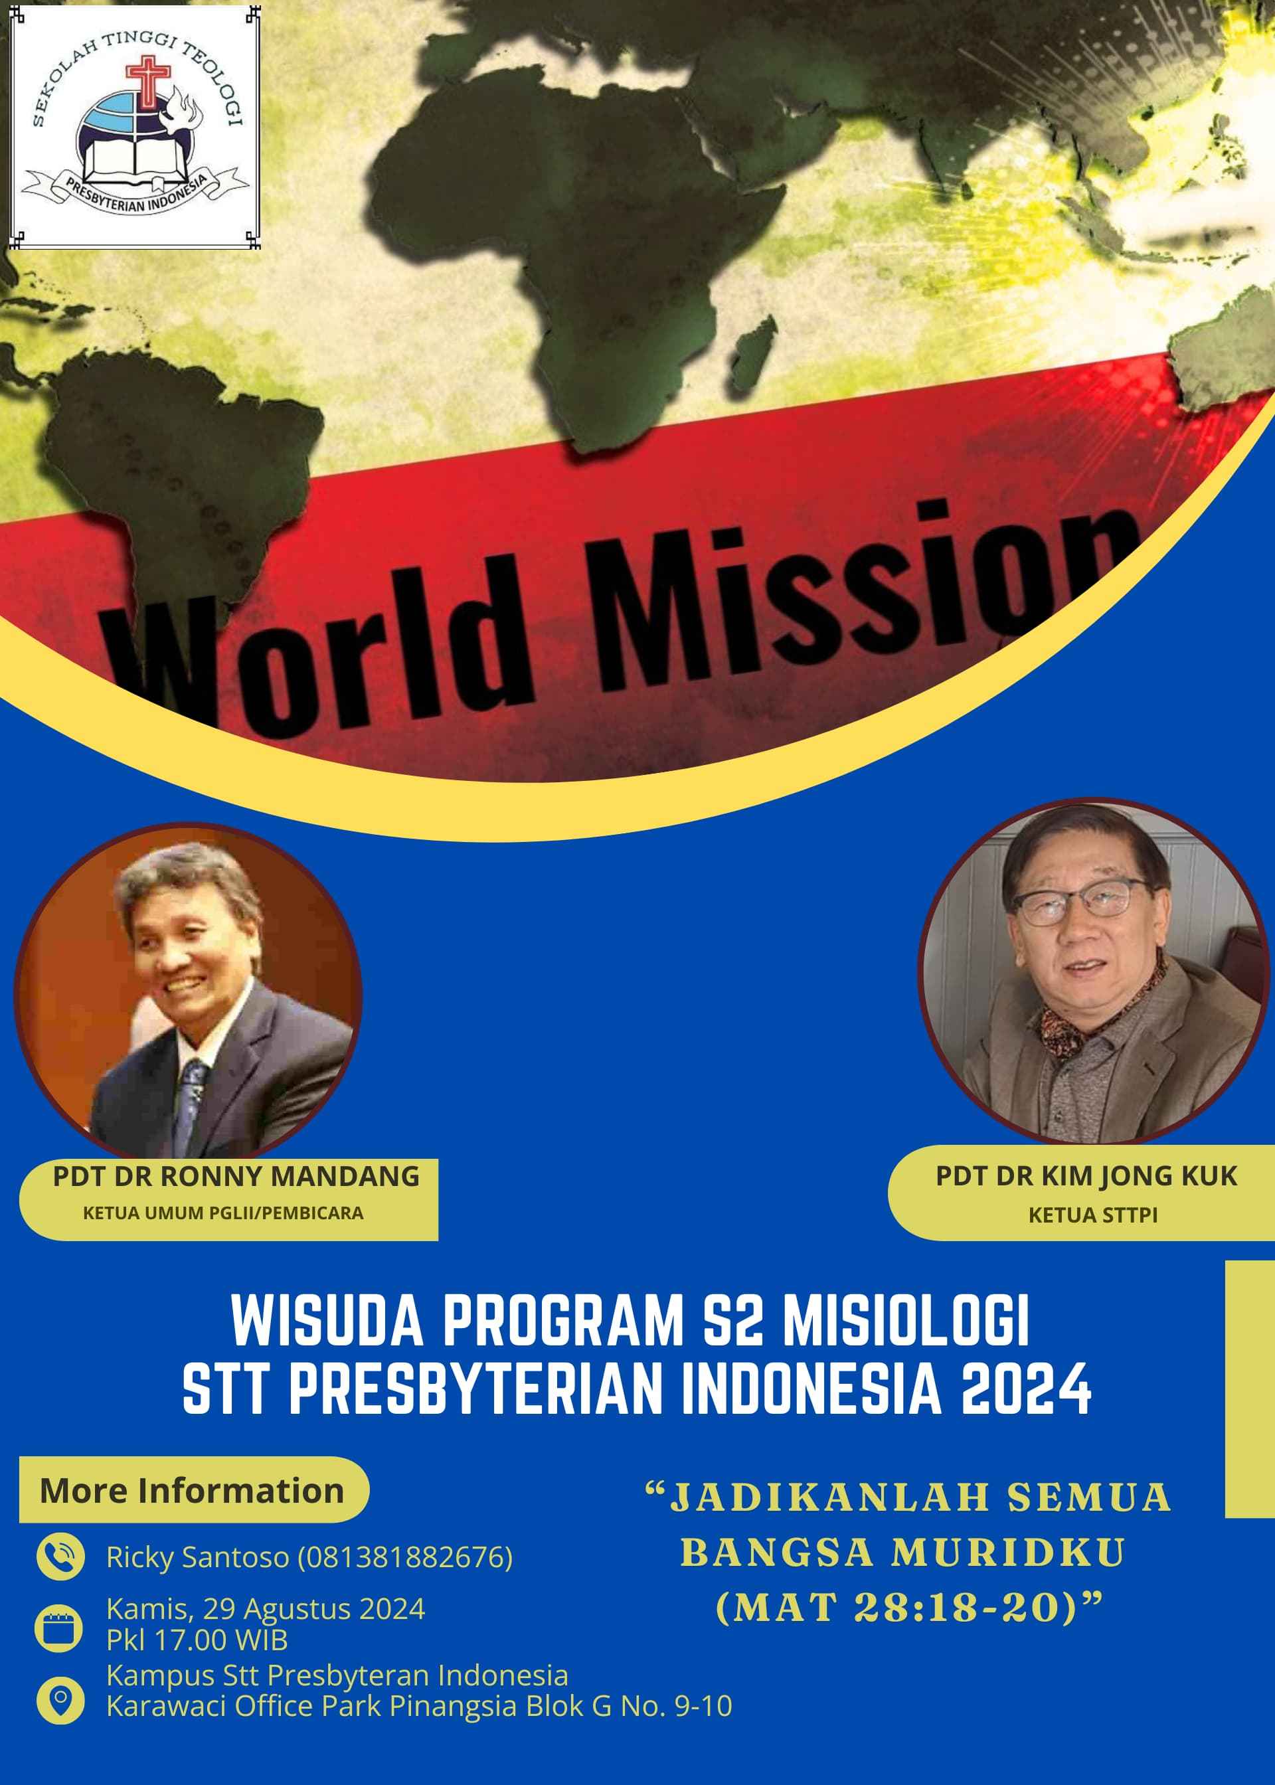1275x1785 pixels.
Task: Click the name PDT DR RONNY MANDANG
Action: click(236, 1176)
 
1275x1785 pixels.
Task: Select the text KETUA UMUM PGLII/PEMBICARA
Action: click(223, 1212)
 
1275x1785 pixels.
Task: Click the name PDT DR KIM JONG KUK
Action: click(1086, 1176)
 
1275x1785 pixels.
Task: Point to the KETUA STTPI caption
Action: click(1093, 1215)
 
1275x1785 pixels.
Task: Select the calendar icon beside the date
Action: click(59, 1628)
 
